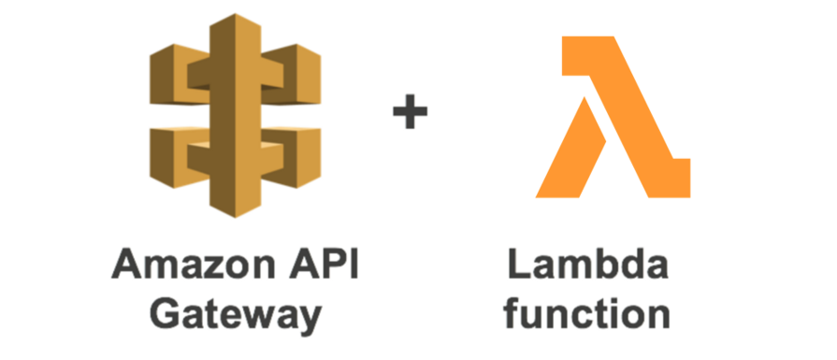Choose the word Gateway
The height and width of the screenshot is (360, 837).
pos(237,314)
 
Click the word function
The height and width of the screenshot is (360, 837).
pos(589,313)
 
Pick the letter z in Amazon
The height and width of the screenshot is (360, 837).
pos(194,267)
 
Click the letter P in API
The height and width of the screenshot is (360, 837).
pos(328,265)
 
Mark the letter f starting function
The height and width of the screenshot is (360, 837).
pos(516,313)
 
